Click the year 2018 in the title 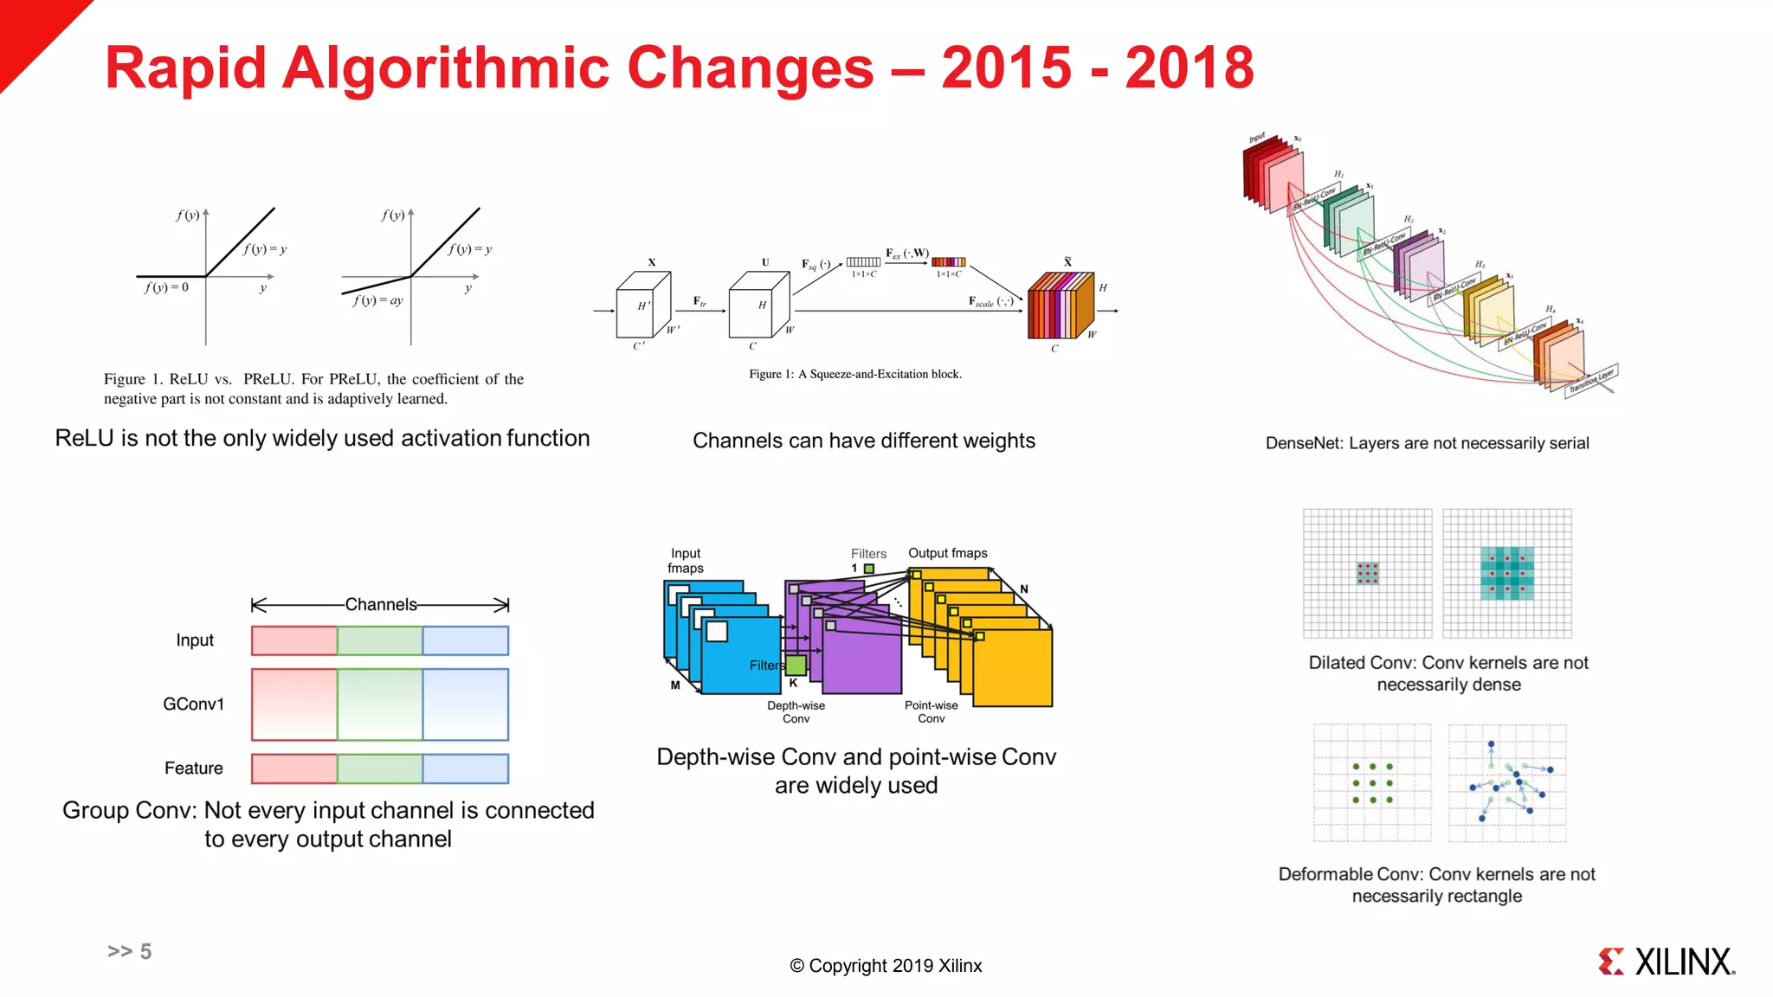[1189, 68]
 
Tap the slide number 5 [145, 951]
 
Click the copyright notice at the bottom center [886, 966]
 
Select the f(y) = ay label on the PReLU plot [378, 300]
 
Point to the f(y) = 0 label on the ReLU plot [166, 287]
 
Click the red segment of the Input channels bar [294, 640]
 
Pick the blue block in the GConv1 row [465, 704]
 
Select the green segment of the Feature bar [379, 769]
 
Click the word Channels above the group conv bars [381, 604]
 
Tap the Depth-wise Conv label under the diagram [796, 711]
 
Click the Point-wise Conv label [931, 711]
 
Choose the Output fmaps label [947, 553]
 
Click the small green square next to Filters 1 [869, 569]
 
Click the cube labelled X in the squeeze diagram [642, 306]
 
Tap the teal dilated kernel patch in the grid [1506, 573]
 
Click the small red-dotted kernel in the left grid [1367, 573]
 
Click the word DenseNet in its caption [1303, 443]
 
